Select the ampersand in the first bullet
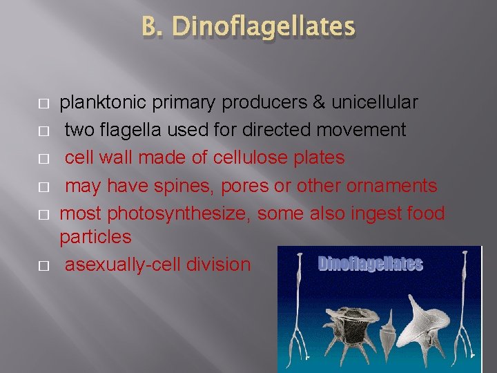tap(318, 103)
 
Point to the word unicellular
tap(375, 103)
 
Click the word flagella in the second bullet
tap(127, 131)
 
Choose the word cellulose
tap(246, 158)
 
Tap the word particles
tap(95, 237)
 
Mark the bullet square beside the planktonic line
tap(43, 104)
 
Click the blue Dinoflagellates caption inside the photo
tap(371, 264)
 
